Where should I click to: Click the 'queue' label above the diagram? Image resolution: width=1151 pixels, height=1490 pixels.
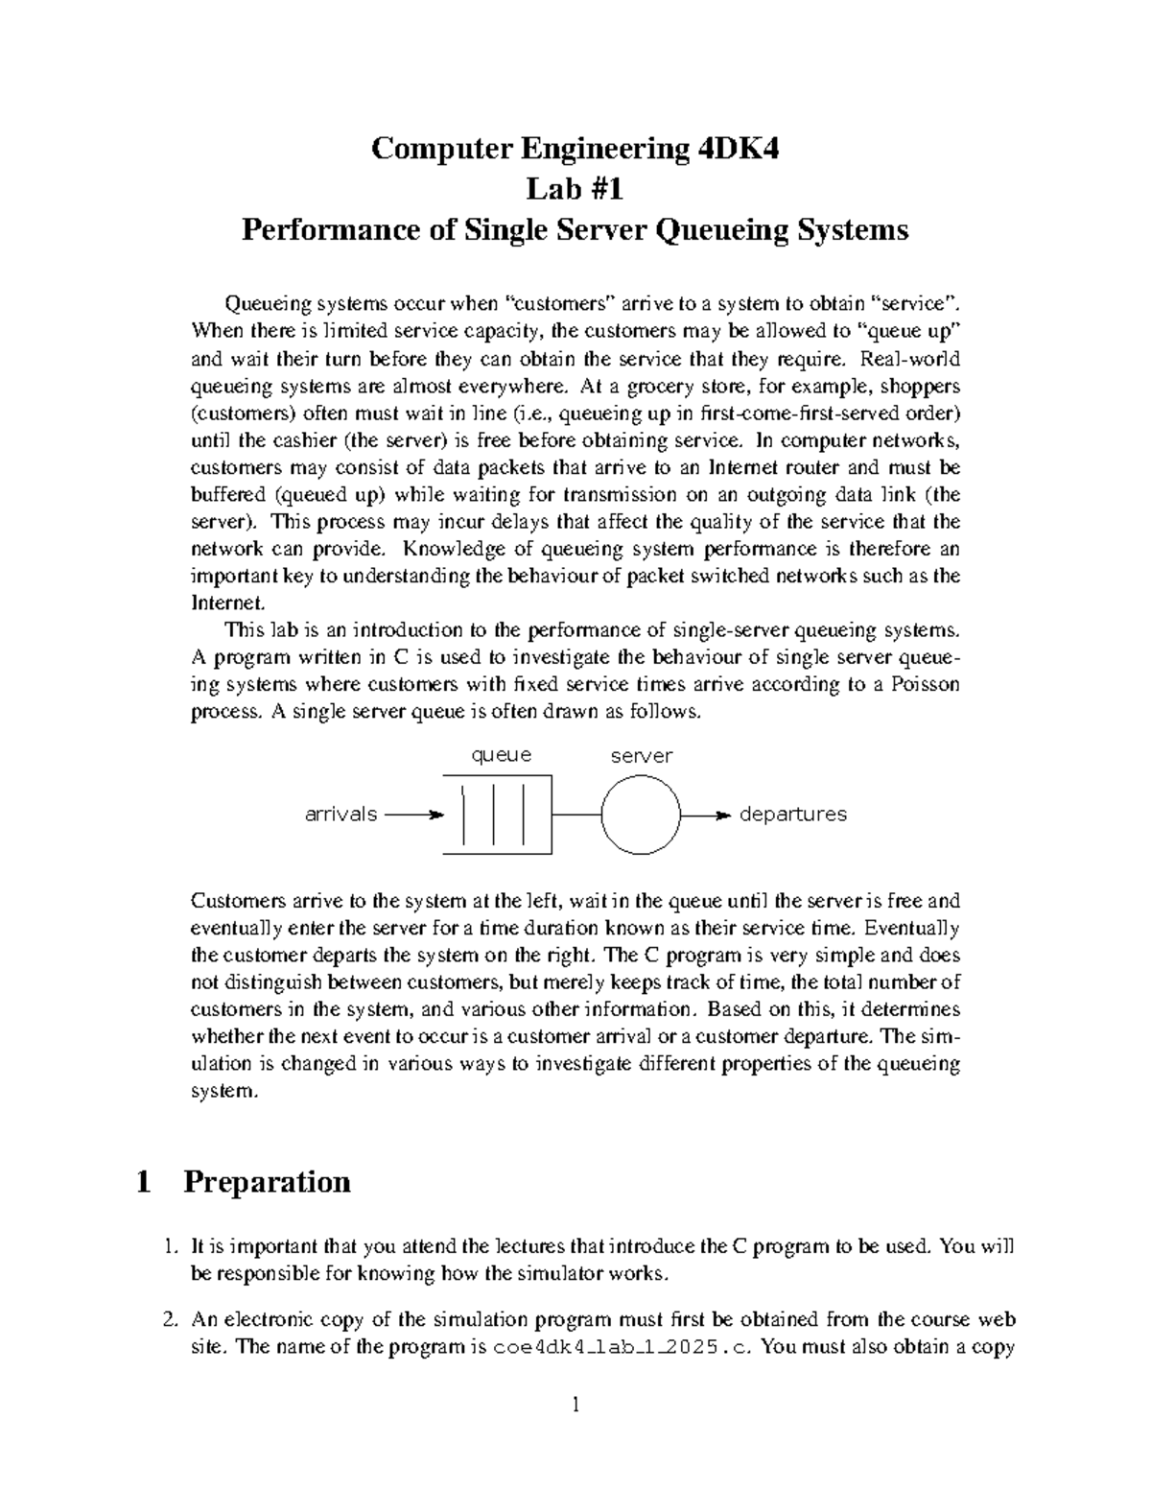point(501,755)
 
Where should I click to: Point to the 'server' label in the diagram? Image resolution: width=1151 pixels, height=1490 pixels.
point(642,756)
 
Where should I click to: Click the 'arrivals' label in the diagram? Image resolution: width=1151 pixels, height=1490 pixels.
point(341,815)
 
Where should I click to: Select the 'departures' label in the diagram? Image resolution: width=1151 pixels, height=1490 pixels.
point(792,815)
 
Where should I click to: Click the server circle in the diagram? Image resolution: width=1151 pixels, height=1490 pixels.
point(642,815)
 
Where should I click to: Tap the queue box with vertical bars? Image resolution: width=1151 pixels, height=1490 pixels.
point(497,815)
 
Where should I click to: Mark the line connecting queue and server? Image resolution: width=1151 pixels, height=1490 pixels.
point(576,815)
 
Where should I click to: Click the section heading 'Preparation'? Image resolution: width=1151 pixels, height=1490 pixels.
point(267,1181)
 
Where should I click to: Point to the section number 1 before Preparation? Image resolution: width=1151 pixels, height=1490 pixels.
point(144,1181)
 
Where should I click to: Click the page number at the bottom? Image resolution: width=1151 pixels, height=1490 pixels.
point(575,1407)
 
